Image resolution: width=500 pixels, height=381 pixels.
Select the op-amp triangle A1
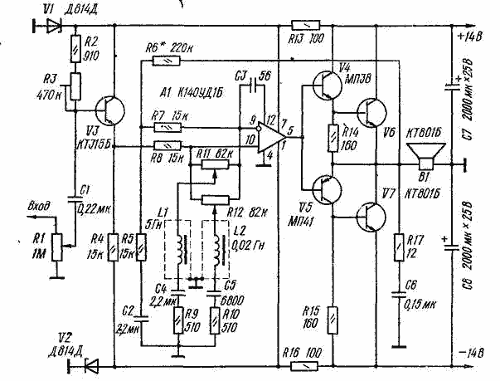(268, 136)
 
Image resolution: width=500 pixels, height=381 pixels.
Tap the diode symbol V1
(55, 25)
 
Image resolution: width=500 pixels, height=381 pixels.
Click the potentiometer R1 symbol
(56, 241)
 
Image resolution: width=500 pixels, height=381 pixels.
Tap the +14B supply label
(470, 37)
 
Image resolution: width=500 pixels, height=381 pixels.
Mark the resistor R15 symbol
(332, 315)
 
